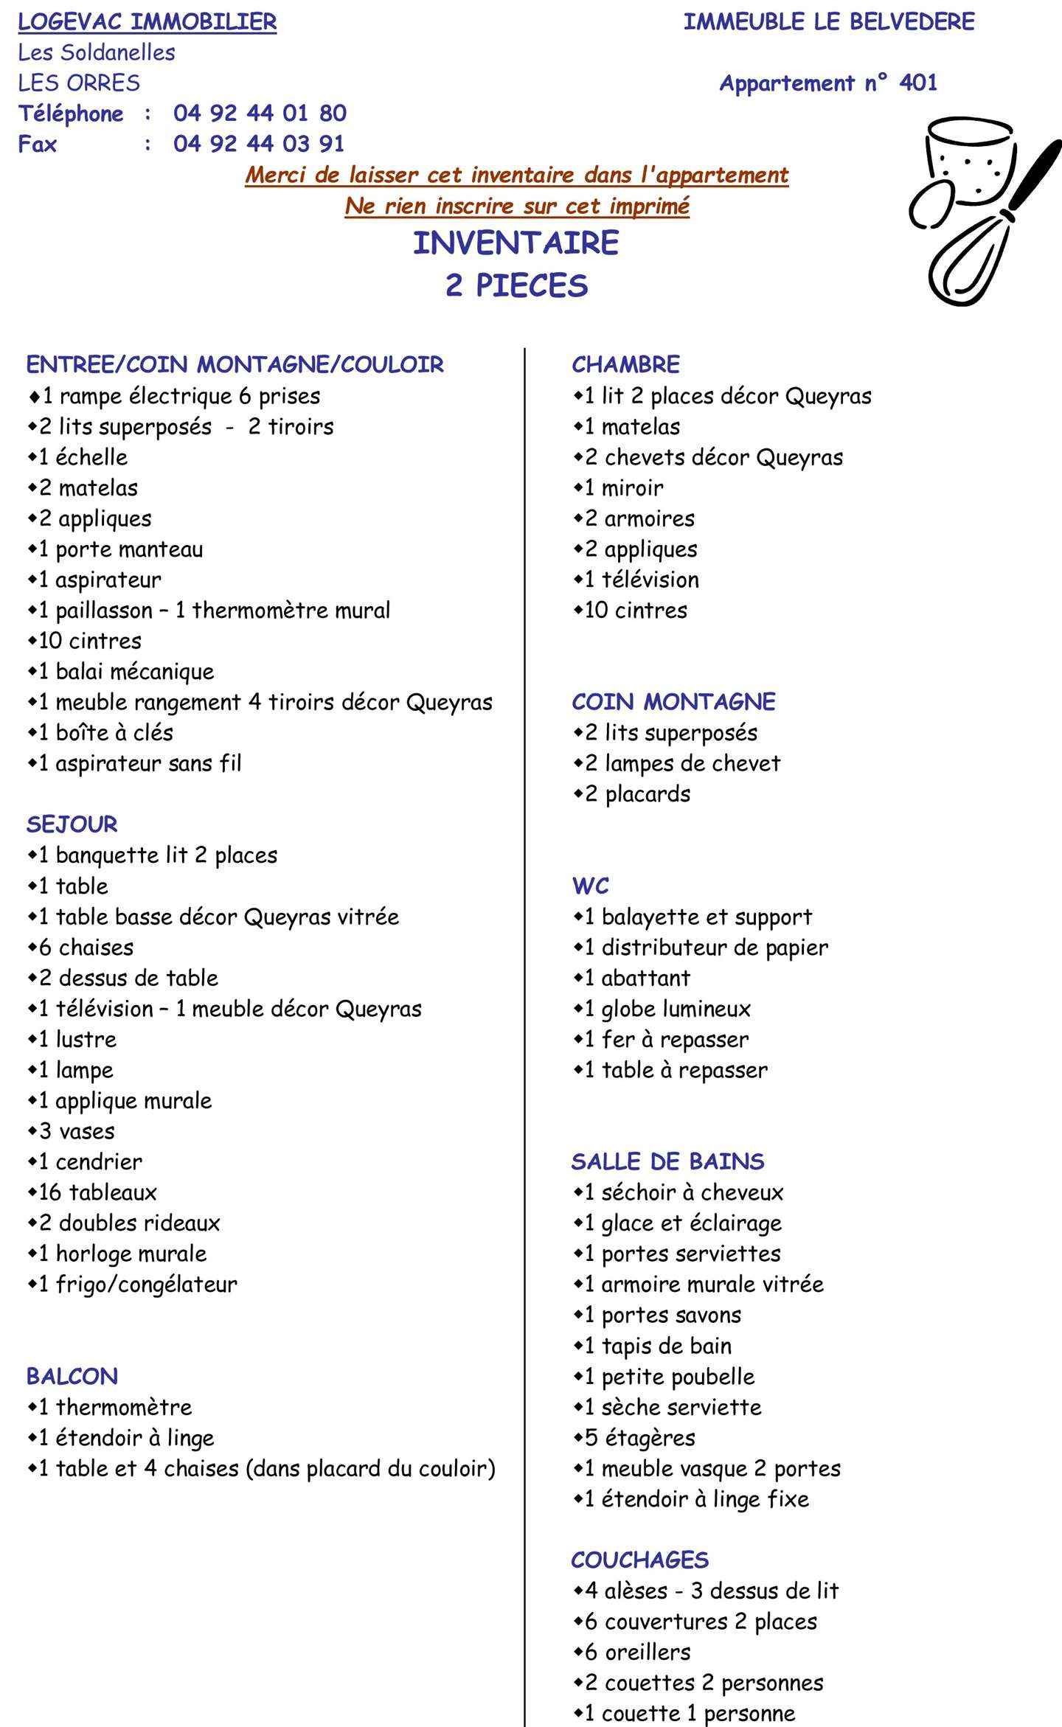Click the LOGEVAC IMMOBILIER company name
tap(147, 22)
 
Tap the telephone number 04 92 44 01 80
tap(260, 113)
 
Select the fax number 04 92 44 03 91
tap(259, 143)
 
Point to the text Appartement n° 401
tap(828, 83)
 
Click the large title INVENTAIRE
tap(516, 243)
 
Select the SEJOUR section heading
tap(72, 824)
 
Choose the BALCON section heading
tap(72, 1376)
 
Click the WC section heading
tap(591, 885)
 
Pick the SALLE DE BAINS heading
tap(667, 1161)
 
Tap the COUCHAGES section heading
tap(639, 1560)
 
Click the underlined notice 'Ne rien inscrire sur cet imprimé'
tap(517, 206)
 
